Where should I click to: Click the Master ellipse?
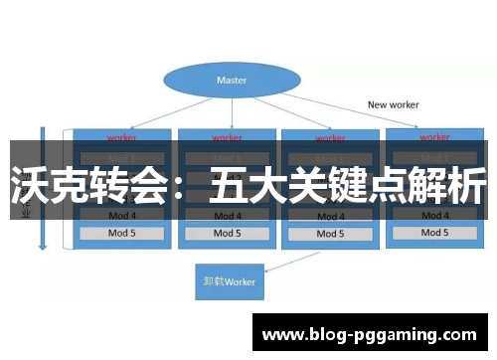tap(232, 80)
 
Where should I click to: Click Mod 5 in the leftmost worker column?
tap(121, 234)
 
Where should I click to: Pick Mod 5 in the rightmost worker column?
tap(434, 233)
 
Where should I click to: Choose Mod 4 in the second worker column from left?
tap(227, 214)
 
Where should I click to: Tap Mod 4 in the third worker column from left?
tap(329, 214)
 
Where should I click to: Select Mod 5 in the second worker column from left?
tap(227, 234)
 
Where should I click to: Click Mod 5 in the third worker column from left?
tap(329, 234)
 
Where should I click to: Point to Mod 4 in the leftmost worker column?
tap(121, 214)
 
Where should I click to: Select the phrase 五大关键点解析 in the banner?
tap(348, 186)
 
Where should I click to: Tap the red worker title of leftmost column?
tap(121, 137)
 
